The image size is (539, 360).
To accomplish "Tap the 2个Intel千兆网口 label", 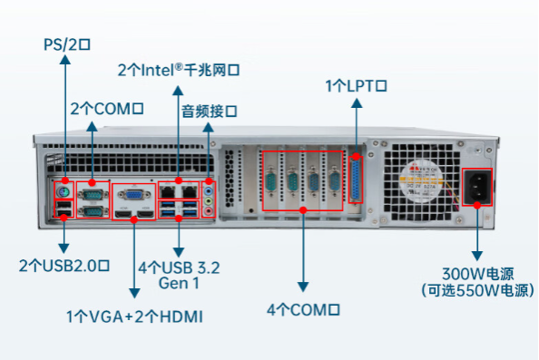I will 183,69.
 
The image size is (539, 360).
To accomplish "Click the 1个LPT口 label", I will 357,86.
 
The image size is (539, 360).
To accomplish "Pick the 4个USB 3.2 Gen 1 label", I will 178,275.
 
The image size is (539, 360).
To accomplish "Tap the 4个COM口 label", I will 303,309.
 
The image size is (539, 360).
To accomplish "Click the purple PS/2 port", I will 63,193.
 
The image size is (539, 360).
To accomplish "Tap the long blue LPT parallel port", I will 358,183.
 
